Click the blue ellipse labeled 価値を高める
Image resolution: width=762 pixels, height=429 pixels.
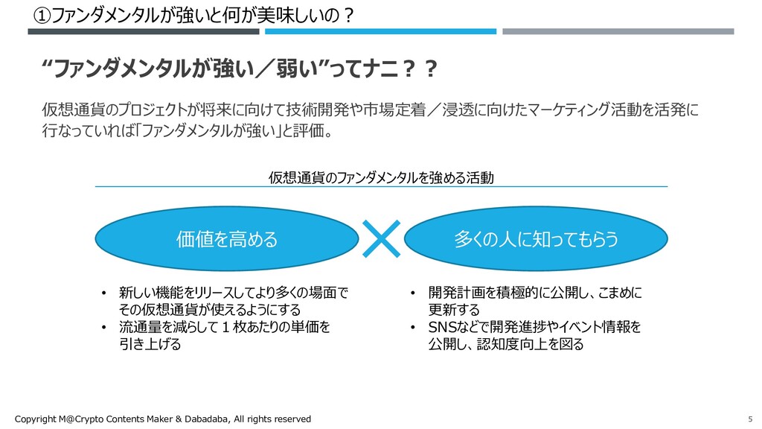click(225, 238)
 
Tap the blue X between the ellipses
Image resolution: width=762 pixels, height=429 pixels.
click(380, 238)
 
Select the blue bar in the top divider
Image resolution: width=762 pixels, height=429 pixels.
click(380, 31)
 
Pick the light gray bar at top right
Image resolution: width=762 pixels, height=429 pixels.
click(618, 31)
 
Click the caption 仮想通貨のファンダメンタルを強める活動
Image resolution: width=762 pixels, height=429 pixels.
click(381, 178)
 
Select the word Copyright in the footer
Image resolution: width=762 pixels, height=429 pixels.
click(36, 419)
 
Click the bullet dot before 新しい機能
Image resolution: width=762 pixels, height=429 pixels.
click(105, 293)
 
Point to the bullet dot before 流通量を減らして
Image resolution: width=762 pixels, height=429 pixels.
click(105, 328)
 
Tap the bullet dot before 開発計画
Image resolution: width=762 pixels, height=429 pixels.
click(413, 293)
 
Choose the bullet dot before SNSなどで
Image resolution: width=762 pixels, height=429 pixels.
click(413, 328)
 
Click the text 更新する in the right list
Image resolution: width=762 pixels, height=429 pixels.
click(453, 310)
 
